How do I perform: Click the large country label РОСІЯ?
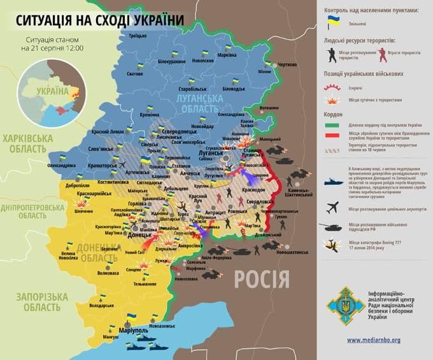(261, 279)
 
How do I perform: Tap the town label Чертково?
(287, 65)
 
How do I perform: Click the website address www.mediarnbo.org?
(374, 340)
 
